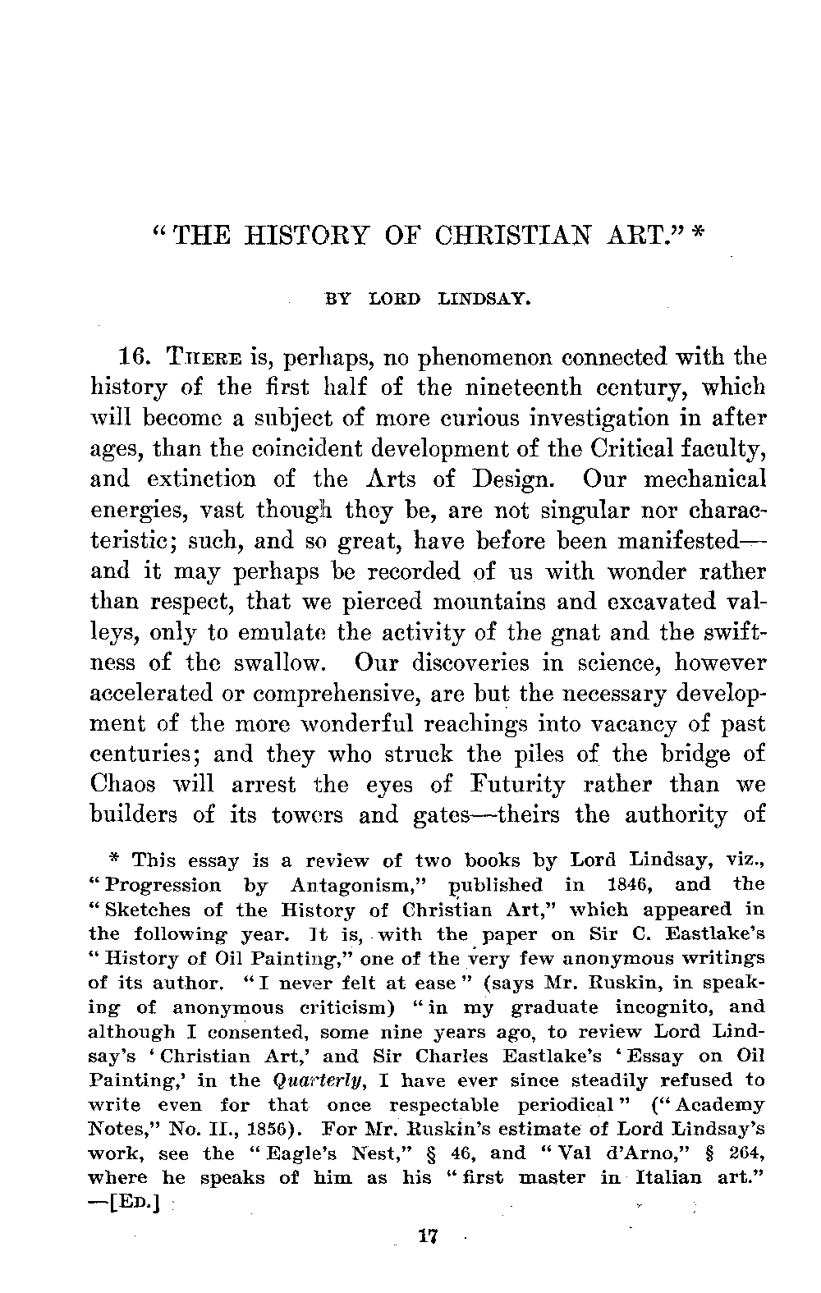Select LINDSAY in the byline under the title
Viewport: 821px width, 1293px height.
click(x=481, y=300)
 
